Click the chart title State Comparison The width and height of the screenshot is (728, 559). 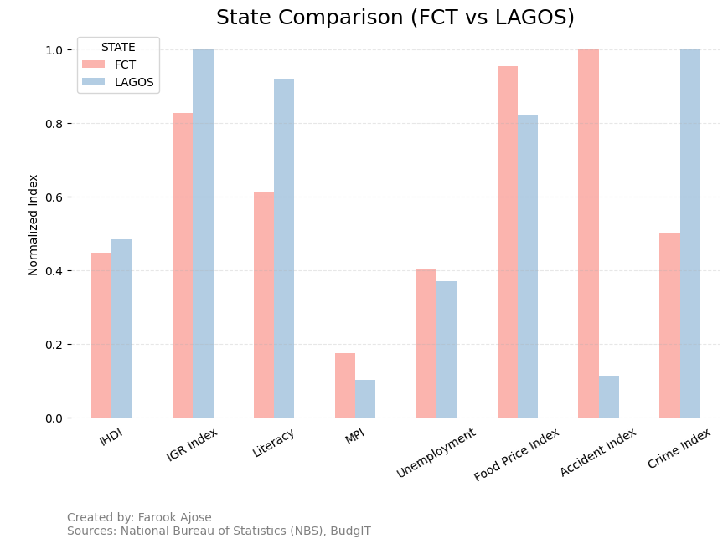point(395,18)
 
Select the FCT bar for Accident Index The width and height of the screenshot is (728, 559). point(588,233)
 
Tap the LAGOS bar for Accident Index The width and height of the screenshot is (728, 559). point(609,397)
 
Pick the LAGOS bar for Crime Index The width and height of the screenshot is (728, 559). point(690,233)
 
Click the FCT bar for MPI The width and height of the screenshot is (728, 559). point(345,386)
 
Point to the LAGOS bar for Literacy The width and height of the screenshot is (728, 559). point(284,249)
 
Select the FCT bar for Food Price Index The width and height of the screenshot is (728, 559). point(508,242)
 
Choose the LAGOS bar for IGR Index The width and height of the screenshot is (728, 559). point(203,233)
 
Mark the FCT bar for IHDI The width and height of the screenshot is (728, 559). point(101,336)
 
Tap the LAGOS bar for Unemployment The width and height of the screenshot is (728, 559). point(447,350)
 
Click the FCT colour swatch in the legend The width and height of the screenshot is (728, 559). point(94,64)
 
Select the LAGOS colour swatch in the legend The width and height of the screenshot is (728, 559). point(94,82)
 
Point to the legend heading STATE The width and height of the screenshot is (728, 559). point(118,48)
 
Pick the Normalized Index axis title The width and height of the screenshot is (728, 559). point(34,225)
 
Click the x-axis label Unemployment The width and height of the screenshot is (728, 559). point(436,453)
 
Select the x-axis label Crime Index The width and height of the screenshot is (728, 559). point(679,449)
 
